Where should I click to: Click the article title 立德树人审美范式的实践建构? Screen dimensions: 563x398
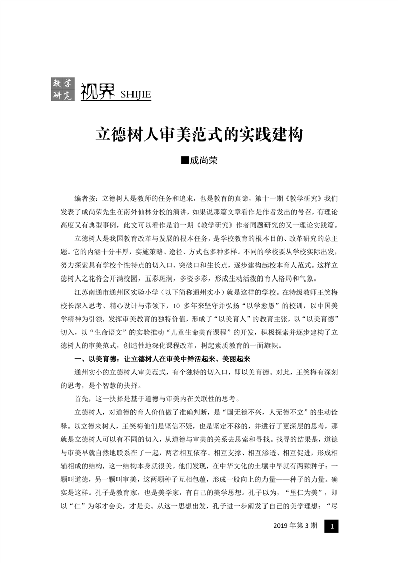click(x=199, y=135)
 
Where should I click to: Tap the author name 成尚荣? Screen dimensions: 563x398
click(x=204, y=162)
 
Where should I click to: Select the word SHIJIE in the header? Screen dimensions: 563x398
click(x=132, y=95)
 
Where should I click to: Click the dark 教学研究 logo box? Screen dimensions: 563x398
click(x=62, y=89)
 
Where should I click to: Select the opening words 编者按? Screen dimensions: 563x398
click(x=83, y=198)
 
